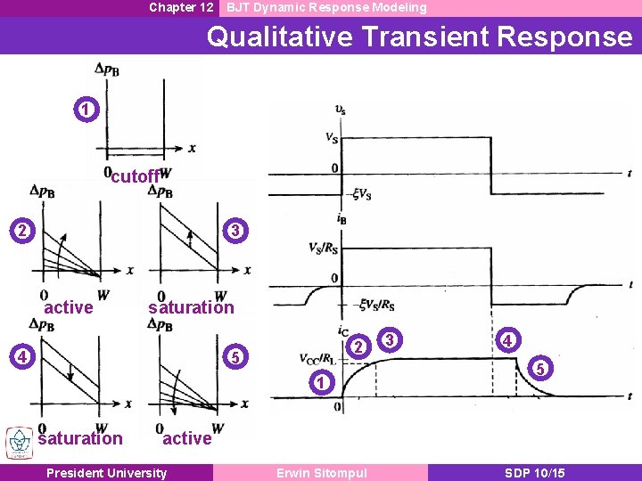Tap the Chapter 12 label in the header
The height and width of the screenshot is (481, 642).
pos(181,7)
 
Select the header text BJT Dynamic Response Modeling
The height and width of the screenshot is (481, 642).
pos(326,7)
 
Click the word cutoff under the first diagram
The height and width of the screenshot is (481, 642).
pos(135,176)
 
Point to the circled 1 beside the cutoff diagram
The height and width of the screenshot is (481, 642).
pos(84,110)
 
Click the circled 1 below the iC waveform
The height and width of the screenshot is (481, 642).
pos(324,384)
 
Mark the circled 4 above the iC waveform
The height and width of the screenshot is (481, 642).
pos(506,340)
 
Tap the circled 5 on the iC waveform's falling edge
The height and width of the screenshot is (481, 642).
pos(538,367)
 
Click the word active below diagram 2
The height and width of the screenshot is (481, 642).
pos(69,307)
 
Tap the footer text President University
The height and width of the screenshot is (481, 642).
pos(106,473)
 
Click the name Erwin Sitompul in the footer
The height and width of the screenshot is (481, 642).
pos(322,473)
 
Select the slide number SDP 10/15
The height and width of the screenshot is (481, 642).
pos(533,473)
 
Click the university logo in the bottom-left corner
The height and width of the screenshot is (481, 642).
pos(18,443)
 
